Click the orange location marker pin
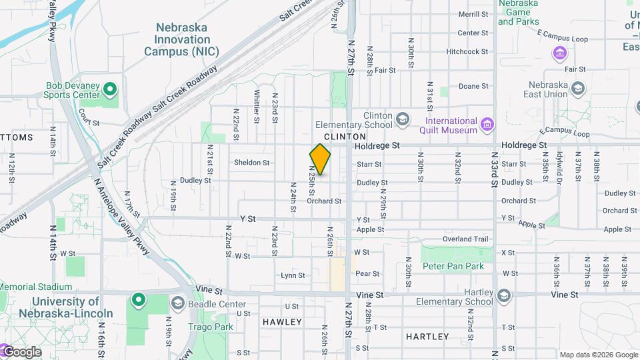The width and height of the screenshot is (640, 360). click(x=320, y=159)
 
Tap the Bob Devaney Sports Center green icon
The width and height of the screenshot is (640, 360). click(x=111, y=88)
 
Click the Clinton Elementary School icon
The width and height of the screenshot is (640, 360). click(x=403, y=119)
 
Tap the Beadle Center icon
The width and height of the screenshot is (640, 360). click(x=177, y=304)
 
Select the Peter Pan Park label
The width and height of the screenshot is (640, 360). click(x=453, y=266)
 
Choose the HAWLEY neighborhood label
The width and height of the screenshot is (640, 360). click(x=282, y=322)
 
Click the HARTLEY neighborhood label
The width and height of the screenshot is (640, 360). click(x=427, y=337)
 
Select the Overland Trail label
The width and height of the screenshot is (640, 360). click(x=465, y=239)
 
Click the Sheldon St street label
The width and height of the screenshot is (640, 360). click(x=251, y=163)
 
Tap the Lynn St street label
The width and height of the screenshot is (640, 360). click(x=292, y=275)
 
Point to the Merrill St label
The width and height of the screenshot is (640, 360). click(x=473, y=14)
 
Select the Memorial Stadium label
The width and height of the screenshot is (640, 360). click(x=35, y=287)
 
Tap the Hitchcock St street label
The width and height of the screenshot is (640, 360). click(x=468, y=51)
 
